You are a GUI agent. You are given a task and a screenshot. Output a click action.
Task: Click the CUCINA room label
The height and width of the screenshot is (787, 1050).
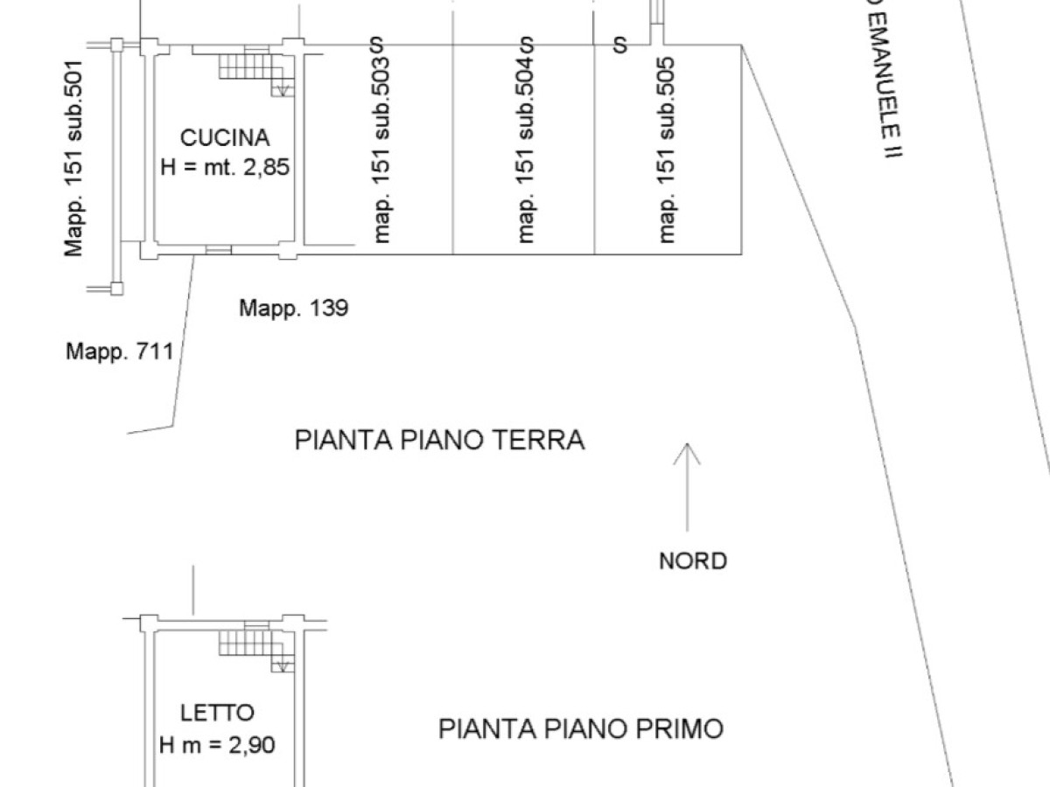tap(225, 137)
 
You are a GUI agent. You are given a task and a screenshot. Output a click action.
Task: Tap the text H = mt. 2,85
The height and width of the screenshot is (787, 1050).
tap(225, 166)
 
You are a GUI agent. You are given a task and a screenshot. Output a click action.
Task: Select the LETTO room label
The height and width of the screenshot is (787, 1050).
tap(217, 713)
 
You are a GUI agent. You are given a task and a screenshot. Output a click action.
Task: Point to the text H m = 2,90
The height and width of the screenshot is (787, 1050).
tap(217, 745)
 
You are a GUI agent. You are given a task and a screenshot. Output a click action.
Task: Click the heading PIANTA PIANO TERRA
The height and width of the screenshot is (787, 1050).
tap(439, 439)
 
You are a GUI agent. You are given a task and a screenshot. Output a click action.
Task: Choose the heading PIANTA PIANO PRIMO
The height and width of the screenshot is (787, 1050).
tap(581, 728)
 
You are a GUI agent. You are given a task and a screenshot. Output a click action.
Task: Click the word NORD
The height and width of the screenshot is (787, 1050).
tap(692, 561)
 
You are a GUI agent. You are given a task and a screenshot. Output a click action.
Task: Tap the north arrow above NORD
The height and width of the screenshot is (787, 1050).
tap(687, 486)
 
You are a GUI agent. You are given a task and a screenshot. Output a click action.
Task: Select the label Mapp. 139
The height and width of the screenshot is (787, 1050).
tap(294, 308)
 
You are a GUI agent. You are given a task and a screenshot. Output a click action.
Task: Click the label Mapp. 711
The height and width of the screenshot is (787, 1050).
tap(119, 352)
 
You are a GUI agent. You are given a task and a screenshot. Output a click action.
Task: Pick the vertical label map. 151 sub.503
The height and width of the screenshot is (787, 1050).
tap(381, 150)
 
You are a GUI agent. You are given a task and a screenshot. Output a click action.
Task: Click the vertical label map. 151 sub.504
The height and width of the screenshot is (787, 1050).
tap(526, 150)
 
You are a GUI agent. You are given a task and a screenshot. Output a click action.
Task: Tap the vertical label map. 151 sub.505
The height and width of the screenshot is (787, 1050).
tap(668, 150)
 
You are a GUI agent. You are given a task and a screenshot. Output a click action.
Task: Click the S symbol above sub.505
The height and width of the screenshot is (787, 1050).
tap(620, 44)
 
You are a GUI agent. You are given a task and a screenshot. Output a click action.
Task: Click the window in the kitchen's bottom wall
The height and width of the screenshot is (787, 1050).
tap(218, 250)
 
